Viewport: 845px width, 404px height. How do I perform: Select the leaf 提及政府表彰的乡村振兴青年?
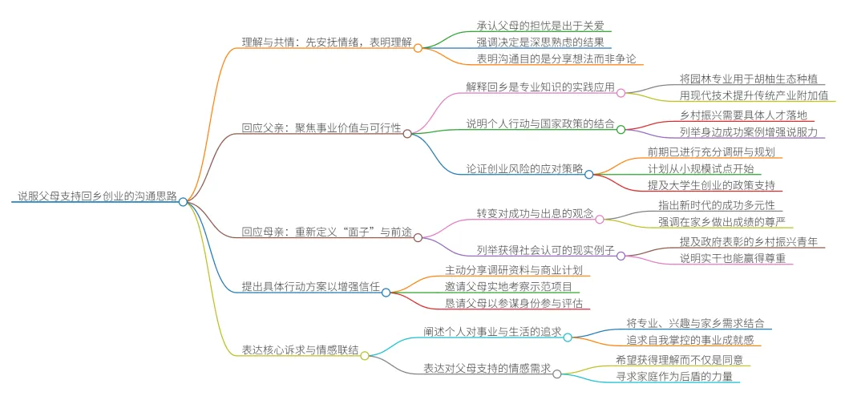pos(748,241)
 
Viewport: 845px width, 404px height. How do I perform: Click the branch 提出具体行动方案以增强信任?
pos(310,285)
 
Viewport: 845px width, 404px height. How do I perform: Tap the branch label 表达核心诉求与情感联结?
pos(300,349)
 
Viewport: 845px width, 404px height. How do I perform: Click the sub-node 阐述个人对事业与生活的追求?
pos(491,331)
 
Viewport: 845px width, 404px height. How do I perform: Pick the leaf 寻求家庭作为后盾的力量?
pos(673,375)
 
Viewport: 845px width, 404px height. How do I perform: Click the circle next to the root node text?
pos(184,202)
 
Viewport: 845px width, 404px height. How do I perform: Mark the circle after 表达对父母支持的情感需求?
pos(557,374)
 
